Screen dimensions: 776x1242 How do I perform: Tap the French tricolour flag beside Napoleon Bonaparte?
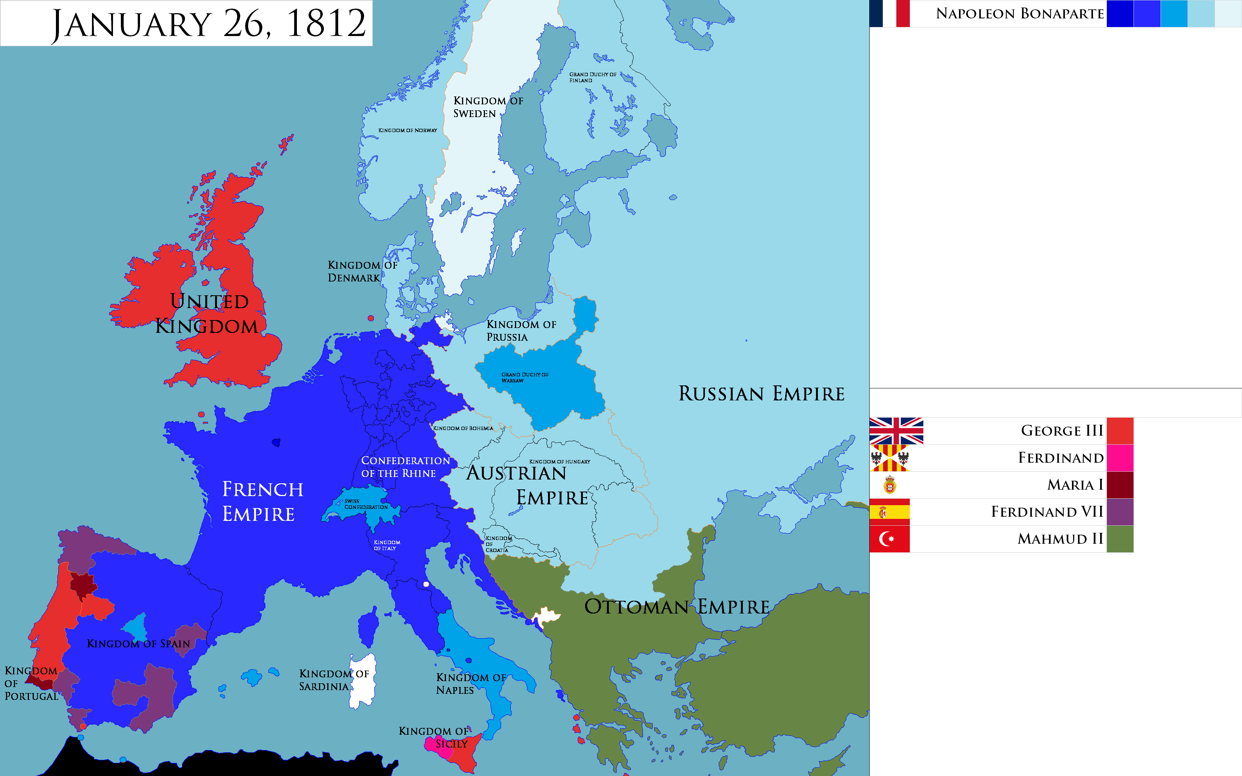click(890, 14)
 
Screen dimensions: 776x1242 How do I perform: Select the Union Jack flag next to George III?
click(896, 431)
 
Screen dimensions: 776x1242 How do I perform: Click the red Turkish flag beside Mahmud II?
click(890, 539)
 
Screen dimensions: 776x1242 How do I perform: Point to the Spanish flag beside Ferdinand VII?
click(890, 512)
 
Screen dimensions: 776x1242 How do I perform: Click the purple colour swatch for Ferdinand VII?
click(1120, 512)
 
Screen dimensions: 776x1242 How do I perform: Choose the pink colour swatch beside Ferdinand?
click(1120, 458)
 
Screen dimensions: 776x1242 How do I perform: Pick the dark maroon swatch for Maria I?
click(1120, 485)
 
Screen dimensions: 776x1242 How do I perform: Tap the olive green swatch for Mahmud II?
click(1120, 539)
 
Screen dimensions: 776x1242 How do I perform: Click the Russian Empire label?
click(761, 394)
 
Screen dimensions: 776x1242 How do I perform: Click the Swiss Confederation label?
click(366, 504)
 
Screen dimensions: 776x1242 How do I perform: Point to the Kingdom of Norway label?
click(408, 130)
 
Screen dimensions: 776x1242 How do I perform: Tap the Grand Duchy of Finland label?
click(592, 77)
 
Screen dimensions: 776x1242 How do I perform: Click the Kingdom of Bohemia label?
click(463, 428)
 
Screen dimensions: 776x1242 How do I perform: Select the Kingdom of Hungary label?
click(559, 462)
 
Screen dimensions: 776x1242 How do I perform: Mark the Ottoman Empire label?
click(676, 607)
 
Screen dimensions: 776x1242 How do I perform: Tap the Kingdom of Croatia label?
click(497, 544)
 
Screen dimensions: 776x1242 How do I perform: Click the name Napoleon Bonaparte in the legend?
click(1019, 14)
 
